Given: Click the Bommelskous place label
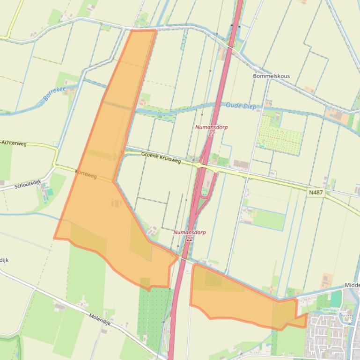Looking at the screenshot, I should pyautogui.click(x=271, y=76).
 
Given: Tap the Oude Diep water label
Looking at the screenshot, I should pyautogui.click(x=241, y=106).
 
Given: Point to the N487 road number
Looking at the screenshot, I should pyautogui.click(x=316, y=192).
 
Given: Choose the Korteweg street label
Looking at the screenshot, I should pyautogui.click(x=86, y=174).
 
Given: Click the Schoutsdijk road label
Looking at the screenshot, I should pyautogui.click(x=28, y=184).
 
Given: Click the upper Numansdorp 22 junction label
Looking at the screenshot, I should pyautogui.click(x=211, y=130).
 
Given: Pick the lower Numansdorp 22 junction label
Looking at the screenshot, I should pyautogui.click(x=189, y=235).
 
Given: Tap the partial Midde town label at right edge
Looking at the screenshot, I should pyautogui.click(x=352, y=285).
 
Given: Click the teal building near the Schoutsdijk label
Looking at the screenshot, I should pyautogui.click(x=49, y=192).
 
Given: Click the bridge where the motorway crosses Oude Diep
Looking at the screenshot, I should pyautogui.click(x=217, y=107).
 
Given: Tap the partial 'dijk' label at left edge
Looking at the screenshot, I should pyautogui.click(x=4, y=259).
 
